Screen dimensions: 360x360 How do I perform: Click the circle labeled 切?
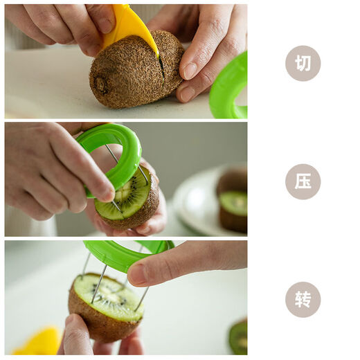[303, 64]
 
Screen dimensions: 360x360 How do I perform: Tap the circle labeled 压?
[303, 181]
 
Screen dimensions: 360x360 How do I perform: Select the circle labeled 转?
[303, 300]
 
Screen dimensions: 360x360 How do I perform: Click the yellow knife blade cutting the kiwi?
[130, 26]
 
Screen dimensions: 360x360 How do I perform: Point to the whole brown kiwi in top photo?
[132, 73]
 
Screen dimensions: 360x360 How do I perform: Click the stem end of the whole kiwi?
[101, 84]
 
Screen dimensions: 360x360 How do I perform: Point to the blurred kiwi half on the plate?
[232, 204]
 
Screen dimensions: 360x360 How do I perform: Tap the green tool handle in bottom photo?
[125, 253]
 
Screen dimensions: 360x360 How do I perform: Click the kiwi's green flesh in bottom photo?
[111, 296]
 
